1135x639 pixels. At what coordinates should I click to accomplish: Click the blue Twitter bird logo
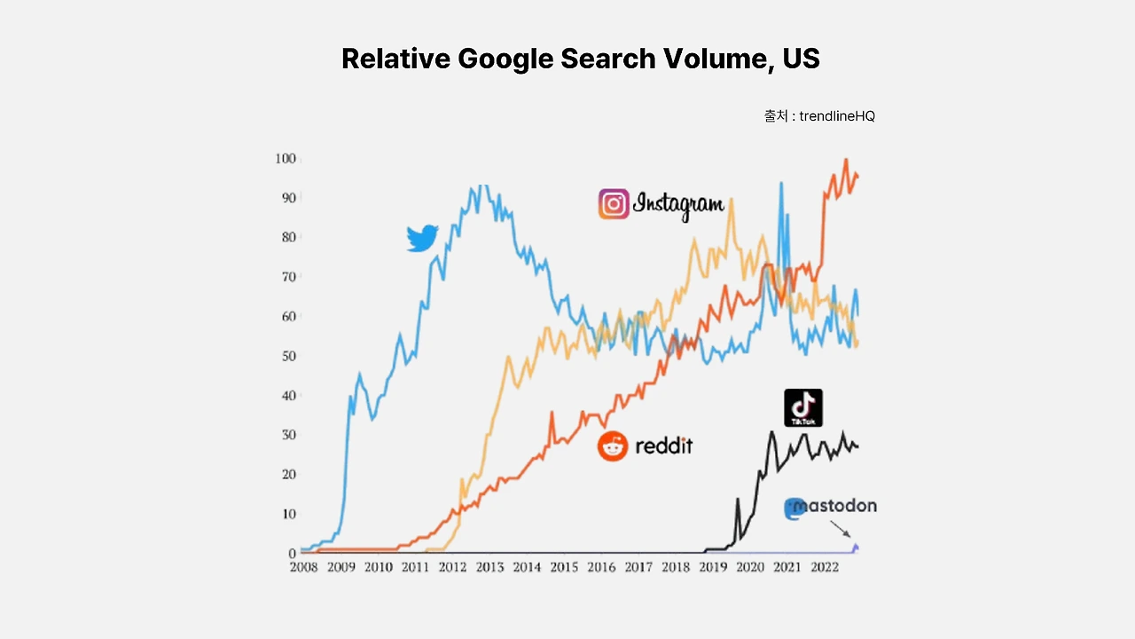(422, 238)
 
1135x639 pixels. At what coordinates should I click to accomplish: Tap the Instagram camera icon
(614, 204)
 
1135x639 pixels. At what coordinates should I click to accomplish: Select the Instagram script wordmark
(678, 205)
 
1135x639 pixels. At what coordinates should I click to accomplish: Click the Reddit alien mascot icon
(612, 446)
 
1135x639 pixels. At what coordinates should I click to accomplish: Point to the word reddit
(663, 446)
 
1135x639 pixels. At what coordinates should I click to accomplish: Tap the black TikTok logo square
(803, 407)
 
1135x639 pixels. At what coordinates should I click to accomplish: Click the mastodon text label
(835, 506)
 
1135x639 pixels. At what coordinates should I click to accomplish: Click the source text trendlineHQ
(837, 116)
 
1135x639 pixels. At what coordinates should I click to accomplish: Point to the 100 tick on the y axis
(285, 159)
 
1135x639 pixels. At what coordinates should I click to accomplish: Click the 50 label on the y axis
(287, 356)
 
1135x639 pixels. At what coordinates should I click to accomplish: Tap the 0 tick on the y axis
(291, 553)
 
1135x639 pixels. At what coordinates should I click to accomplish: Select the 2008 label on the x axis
(303, 568)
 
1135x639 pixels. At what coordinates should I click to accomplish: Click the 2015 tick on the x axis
(563, 568)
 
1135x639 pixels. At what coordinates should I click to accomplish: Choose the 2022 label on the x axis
(824, 568)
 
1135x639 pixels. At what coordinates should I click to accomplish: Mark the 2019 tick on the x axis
(712, 568)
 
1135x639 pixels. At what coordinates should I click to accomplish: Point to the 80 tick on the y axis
(287, 237)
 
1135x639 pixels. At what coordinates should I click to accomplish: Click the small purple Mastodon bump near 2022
(856, 547)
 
